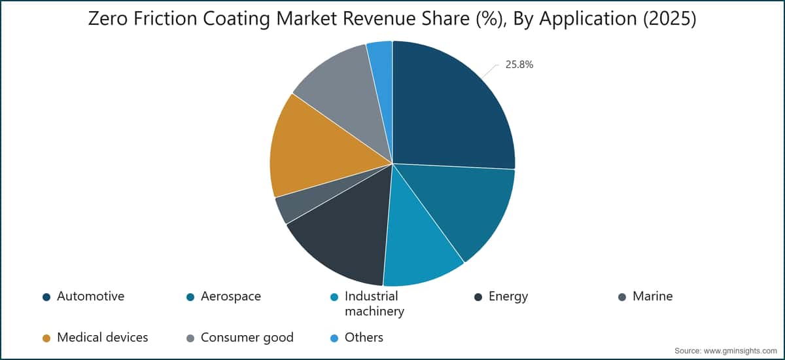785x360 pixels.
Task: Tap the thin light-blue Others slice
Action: (x=381, y=70)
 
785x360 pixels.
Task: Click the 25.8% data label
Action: (x=519, y=65)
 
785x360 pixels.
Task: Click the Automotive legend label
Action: (x=90, y=297)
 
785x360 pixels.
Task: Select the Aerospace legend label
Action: (x=230, y=297)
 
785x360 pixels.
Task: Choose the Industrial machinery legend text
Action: (x=374, y=304)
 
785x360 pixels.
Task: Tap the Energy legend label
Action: (x=508, y=297)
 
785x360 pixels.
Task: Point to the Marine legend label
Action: (x=653, y=297)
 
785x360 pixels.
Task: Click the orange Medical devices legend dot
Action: (x=46, y=338)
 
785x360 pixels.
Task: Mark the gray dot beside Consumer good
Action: (x=190, y=338)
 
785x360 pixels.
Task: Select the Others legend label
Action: (x=364, y=337)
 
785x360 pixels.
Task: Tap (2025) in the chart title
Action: (x=670, y=19)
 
